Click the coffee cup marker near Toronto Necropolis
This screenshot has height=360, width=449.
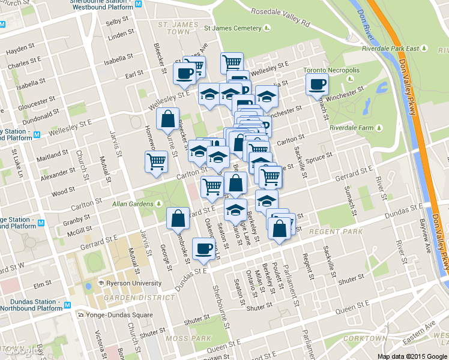coord(317,85)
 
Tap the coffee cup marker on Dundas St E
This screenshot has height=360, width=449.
coord(203,249)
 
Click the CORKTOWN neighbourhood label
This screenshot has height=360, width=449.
coord(365,338)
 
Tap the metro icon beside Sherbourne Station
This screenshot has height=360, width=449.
coord(139,4)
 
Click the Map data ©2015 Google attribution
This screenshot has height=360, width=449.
coord(412,356)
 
